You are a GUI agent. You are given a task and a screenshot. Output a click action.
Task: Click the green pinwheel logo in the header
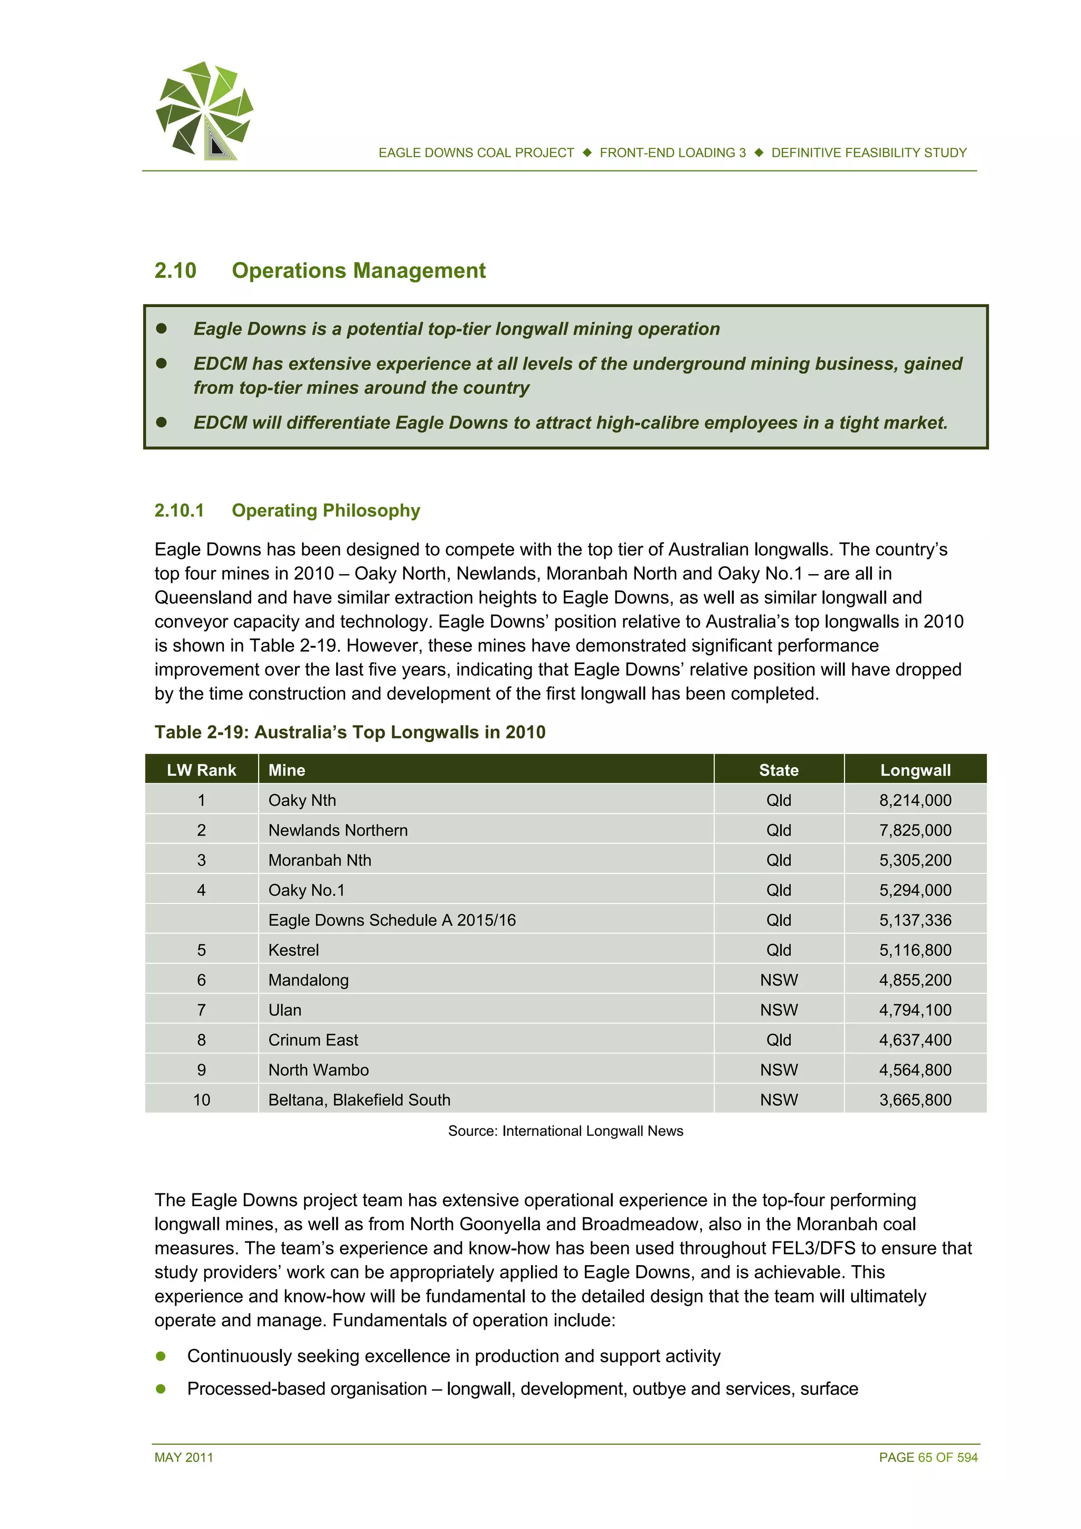click(204, 110)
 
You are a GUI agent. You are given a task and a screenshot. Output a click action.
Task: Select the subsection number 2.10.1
click(178, 510)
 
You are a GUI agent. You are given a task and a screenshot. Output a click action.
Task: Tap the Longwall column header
click(915, 770)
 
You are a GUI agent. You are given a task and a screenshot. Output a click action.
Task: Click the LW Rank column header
click(201, 770)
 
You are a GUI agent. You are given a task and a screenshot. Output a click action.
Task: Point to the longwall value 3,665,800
click(915, 1099)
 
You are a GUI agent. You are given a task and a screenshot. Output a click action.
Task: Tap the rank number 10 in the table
click(201, 1099)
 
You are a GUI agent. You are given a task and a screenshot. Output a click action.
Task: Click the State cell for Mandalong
click(778, 980)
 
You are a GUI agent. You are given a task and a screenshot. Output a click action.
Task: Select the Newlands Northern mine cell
click(338, 830)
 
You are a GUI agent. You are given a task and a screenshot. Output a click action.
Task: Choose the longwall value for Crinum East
click(915, 1040)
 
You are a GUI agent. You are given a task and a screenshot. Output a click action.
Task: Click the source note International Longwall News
click(565, 1131)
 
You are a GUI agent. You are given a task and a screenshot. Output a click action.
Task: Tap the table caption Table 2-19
click(349, 732)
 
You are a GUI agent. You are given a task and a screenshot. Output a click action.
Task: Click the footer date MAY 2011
click(184, 1457)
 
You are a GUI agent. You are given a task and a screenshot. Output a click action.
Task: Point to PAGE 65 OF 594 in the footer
click(928, 1457)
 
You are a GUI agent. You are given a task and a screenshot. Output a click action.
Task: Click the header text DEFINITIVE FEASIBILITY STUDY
click(868, 153)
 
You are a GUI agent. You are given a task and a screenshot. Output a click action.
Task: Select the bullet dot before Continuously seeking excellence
click(160, 1356)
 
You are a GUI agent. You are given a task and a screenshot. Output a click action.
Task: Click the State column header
click(778, 770)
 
